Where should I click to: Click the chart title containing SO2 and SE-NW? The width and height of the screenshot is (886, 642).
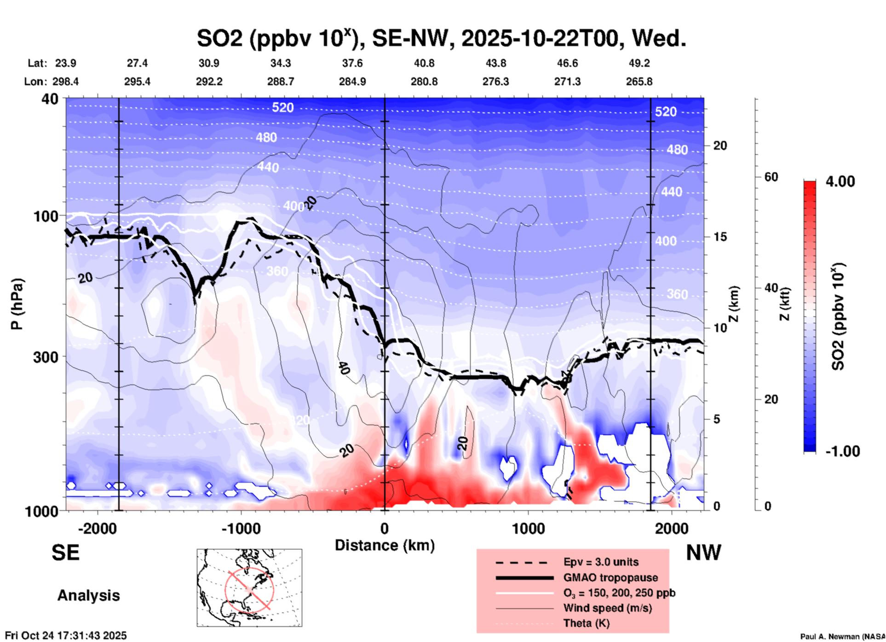[x=441, y=38]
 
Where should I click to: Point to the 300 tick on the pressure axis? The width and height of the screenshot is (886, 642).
[x=46, y=357]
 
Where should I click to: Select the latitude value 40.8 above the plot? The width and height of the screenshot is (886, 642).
[x=424, y=63]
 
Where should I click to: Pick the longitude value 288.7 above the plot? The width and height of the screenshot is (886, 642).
[x=280, y=82]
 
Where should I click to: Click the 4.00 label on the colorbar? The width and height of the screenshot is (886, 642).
[x=840, y=181]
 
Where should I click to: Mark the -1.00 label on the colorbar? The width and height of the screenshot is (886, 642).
[x=842, y=451]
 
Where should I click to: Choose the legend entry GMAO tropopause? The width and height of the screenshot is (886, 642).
[x=610, y=578]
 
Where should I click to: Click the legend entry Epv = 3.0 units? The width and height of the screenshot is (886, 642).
[x=601, y=562]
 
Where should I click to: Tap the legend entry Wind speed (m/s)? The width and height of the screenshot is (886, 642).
[x=607, y=608]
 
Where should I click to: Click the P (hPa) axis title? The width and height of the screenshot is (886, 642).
[x=17, y=304]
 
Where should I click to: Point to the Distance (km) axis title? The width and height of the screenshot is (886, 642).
[x=385, y=545]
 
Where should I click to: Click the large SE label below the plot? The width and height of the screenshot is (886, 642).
[x=65, y=553]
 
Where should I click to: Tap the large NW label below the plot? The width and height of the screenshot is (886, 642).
[x=703, y=553]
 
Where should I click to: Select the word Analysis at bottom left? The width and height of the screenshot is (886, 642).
[x=88, y=595]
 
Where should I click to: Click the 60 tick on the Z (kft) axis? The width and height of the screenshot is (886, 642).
[x=771, y=177]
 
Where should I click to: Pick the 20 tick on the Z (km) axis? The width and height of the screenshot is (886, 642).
[x=720, y=146]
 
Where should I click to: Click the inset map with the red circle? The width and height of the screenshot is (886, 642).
[x=249, y=588]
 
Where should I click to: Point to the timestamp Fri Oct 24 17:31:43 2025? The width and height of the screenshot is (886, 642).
[x=66, y=636]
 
